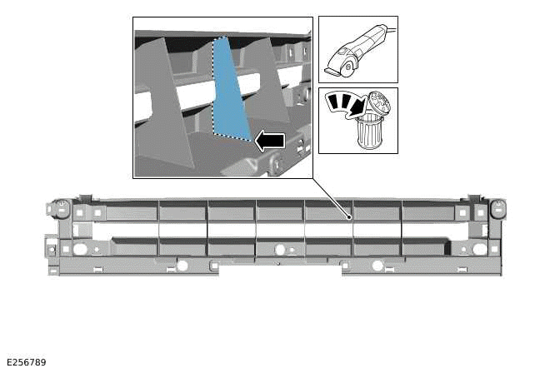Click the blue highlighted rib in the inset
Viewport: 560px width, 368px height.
click(230, 92)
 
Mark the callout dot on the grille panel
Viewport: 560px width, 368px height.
click(350, 217)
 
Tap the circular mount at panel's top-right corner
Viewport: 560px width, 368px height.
click(498, 206)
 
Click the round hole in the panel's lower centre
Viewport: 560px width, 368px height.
click(280, 249)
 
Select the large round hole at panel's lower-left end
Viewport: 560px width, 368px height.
click(80, 248)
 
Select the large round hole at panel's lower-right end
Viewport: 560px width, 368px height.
click(479, 248)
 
